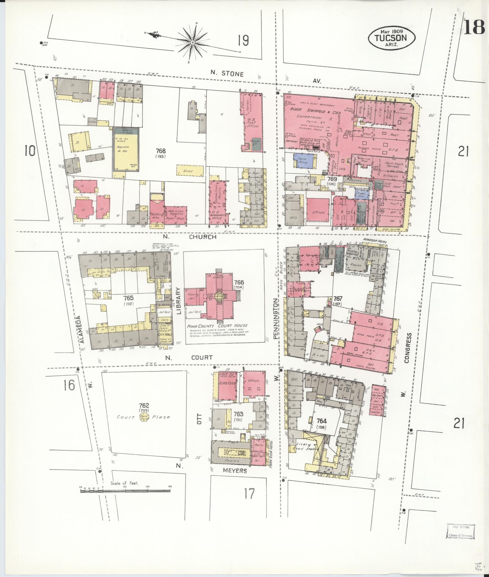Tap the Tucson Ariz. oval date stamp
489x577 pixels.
(392, 38)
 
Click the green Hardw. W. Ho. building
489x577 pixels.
(125, 149)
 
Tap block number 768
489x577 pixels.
(161, 151)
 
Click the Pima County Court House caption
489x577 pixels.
(217, 326)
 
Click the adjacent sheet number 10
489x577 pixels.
(30, 151)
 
